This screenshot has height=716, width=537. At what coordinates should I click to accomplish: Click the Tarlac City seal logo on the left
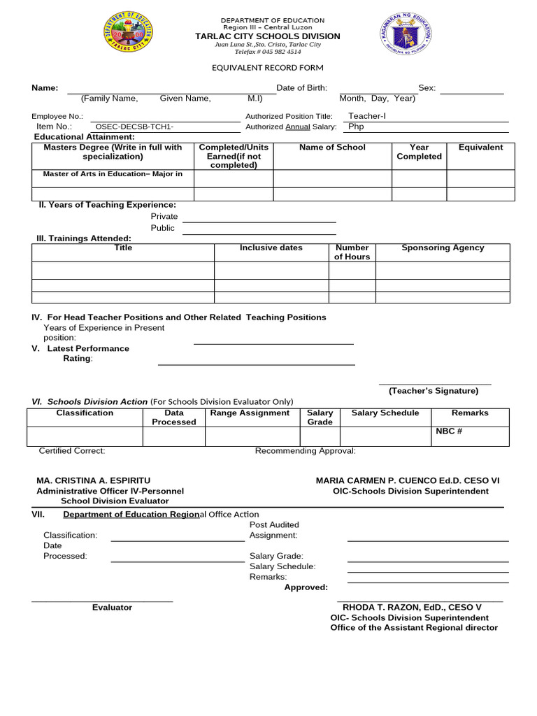129,33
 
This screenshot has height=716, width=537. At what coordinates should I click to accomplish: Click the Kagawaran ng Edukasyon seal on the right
406,34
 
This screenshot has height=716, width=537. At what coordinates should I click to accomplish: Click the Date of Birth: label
301,88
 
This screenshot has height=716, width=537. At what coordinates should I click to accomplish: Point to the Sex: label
427,88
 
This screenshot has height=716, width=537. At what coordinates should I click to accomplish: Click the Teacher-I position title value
366,116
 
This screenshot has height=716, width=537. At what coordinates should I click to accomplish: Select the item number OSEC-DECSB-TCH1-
134,127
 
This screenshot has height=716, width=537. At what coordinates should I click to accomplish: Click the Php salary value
356,127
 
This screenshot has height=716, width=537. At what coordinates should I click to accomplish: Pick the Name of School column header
332,148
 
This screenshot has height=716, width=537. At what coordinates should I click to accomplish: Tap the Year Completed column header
419,152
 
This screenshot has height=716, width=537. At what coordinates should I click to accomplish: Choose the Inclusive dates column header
271,248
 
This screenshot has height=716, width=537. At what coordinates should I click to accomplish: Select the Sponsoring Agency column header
443,248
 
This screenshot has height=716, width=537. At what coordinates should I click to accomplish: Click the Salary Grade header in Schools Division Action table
320,417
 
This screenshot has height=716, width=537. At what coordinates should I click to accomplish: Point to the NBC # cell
449,431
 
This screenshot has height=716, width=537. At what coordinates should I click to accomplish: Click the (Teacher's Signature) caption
434,391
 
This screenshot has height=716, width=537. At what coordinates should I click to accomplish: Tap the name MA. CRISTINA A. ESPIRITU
93,481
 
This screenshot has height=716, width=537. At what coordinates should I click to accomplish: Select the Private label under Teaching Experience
164,217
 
